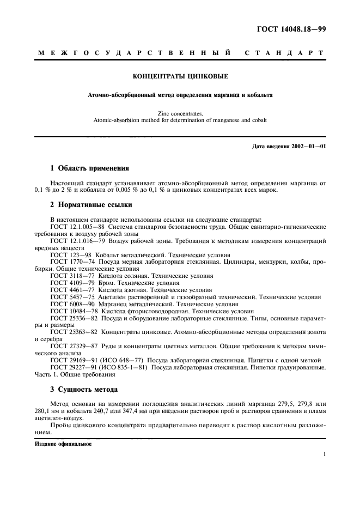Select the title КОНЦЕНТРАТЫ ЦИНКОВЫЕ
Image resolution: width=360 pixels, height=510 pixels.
coord(180,77)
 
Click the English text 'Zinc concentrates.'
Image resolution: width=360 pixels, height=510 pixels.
coord(180,113)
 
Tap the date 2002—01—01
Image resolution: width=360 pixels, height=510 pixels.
coord(309,145)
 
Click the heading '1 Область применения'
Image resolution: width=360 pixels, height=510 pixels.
coord(89,168)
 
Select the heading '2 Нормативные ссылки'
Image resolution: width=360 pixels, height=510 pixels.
coord(91,205)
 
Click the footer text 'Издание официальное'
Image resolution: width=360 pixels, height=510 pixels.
coord(64,444)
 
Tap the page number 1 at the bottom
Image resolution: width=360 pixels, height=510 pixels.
coord(324,453)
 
